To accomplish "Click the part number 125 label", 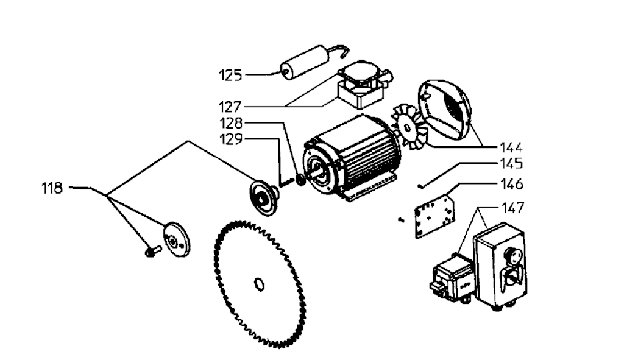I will [x=230, y=76].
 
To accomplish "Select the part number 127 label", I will [x=230, y=105].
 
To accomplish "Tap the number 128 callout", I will [x=230, y=122].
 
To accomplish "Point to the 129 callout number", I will [x=230, y=139].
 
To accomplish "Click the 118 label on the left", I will [x=52, y=188].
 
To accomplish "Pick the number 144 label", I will [x=511, y=147].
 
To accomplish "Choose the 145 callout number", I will [x=511, y=164].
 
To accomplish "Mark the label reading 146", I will [x=511, y=183].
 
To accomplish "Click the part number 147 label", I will [x=511, y=208].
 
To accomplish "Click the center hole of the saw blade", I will [x=258, y=283].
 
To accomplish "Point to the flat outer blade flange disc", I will [x=177, y=238].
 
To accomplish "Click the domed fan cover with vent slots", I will [x=448, y=110].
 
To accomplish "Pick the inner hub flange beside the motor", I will [x=263, y=197].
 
